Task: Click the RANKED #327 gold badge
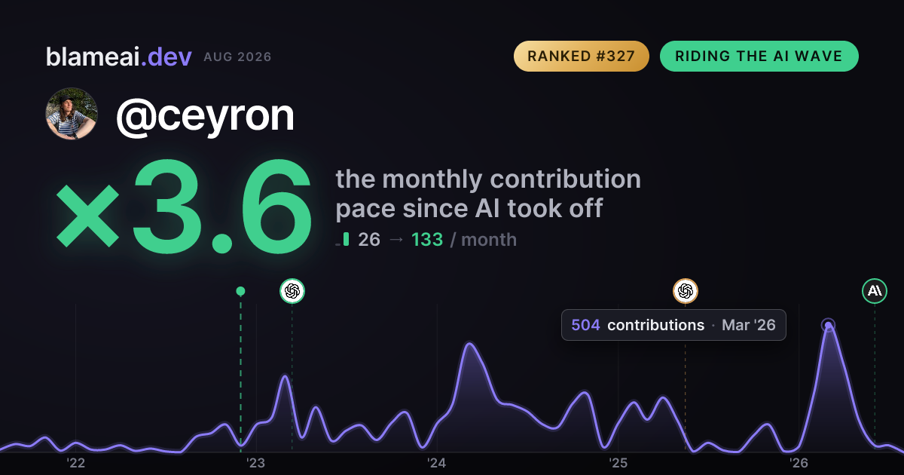click(581, 56)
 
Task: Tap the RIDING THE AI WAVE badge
click(759, 56)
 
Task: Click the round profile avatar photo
click(72, 114)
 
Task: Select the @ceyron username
click(206, 116)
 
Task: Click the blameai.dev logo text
click(119, 57)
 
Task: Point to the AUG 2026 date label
click(237, 57)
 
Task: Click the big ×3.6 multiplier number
click(184, 207)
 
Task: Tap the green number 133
click(427, 240)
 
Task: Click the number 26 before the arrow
click(369, 240)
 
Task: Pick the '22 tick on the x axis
click(75, 463)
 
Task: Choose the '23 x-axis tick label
click(256, 463)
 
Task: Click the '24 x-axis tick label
click(437, 463)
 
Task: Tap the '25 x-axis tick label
click(618, 463)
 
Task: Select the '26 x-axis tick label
click(799, 463)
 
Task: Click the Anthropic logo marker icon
click(875, 291)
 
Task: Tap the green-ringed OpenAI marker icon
click(292, 291)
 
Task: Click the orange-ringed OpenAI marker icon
click(686, 291)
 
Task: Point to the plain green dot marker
click(240, 291)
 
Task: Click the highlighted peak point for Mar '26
click(828, 325)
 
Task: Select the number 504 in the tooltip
click(585, 325)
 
